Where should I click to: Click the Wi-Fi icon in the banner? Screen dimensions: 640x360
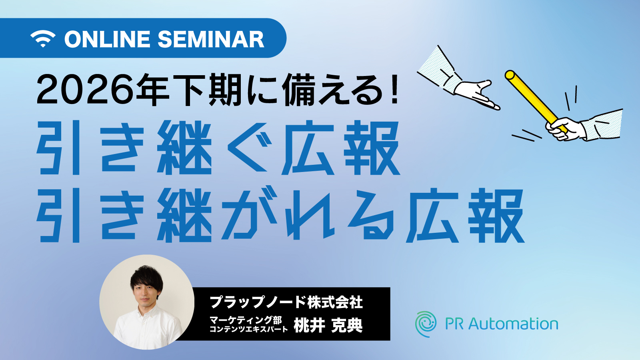[43, 38]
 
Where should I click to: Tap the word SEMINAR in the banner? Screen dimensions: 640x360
[210, 39]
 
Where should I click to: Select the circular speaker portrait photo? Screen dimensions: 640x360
[147, 302]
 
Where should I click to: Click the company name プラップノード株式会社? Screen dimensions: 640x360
[286, 302]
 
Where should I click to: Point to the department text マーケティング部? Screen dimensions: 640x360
[246, 320]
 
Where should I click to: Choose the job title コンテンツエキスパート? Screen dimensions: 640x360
[248, 329]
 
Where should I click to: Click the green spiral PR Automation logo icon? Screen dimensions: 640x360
[426, 324]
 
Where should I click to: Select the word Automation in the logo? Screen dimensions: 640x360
[513, 324]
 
